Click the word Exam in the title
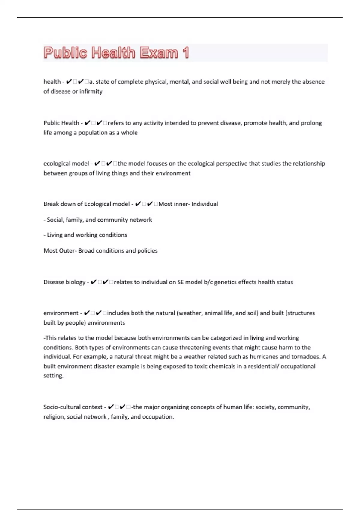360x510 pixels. tap(159, 53)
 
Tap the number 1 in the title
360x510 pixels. tap(185, 53)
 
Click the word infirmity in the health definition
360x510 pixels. tap(91, 91)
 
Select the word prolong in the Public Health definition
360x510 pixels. tap(312, 123)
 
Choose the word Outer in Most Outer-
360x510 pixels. tap(67, 250)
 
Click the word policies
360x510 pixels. tap(147, 250)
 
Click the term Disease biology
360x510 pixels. tap(64, 282)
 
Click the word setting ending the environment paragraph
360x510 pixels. tap(53, 376)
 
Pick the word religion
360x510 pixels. tap(54, 417)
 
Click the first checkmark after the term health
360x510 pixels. tap(69, 82)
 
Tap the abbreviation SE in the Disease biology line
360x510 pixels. tap(180, 282)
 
